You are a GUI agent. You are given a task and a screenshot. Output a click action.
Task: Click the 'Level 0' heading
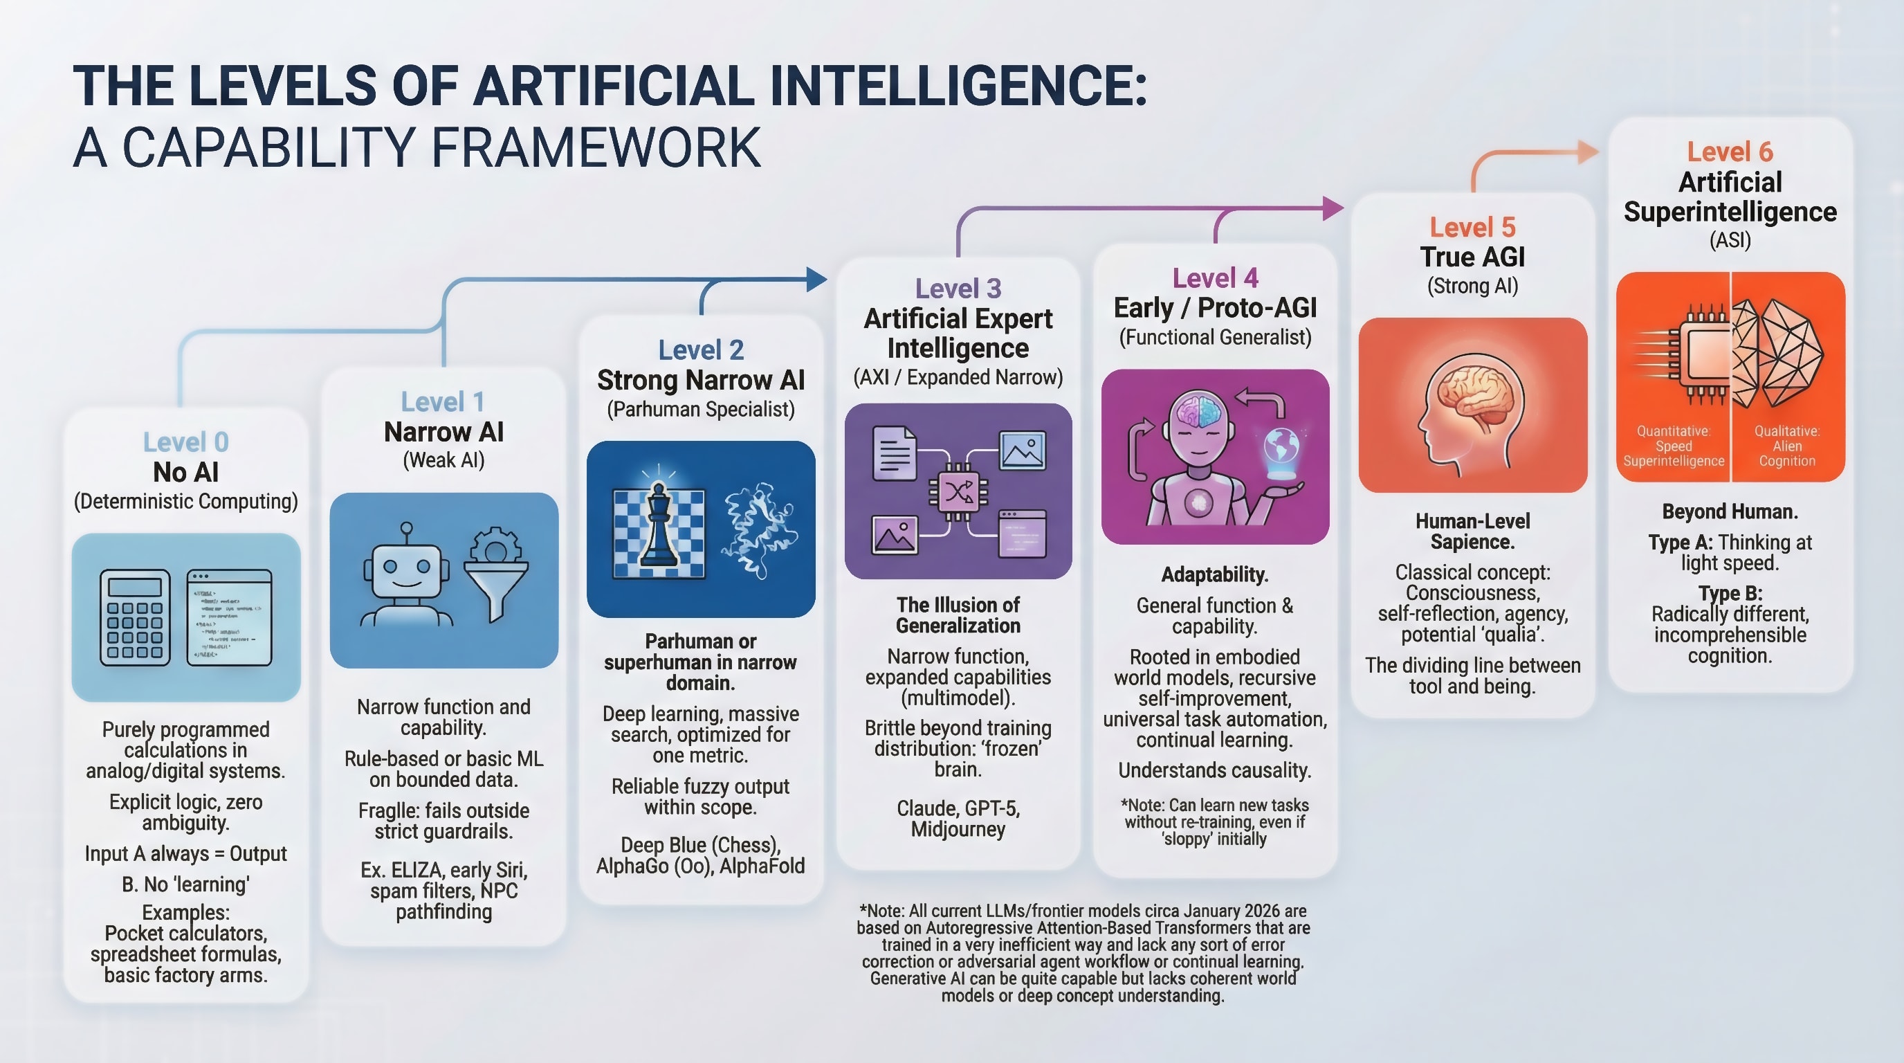pyautogui.click(x=185, y=442)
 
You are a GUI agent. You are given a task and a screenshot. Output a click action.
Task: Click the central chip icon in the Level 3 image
pyautogui.click(x=958, y=491)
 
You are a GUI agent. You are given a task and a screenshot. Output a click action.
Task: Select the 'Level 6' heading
pyautogui.click(x=1730, y=152)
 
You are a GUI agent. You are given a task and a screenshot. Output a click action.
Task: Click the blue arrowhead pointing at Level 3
pyautogui.click(x=816, y=279)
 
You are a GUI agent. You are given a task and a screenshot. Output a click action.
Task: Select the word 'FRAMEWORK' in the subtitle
pyautogui.click(x=595, y=148)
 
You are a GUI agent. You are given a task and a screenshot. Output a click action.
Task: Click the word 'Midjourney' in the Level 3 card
pyautogui.click(x=958, y=829)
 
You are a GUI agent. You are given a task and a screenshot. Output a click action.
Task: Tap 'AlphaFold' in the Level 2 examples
pyautogui.click(x=762, y=866)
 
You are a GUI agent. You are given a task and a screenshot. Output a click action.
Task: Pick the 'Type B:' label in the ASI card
pyautogui.click(x=1730, y=594)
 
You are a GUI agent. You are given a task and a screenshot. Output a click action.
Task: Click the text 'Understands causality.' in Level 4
pyautogui.click(x=1214, y=770)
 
